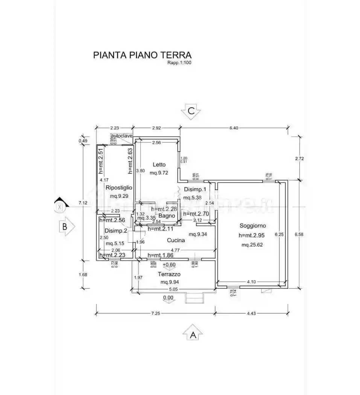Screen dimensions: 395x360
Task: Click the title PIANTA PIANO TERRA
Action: tap(142, 55)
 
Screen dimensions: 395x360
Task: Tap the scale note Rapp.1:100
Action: tap(179, 63)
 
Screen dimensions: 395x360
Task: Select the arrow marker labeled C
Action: tap(191, 111)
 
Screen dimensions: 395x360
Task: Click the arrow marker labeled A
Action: tap(193, 333)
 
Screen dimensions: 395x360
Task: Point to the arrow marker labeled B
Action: tap(66, 227)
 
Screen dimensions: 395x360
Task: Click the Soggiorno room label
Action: tap(252, 226)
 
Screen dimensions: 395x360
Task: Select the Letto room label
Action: tap(159, 164)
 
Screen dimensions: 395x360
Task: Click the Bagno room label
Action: tap(166, 216)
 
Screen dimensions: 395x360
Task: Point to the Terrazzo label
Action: tap(168, 274)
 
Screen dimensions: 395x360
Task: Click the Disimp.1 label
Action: tap(194, 189)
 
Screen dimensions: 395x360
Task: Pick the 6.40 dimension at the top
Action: tap(234, 128)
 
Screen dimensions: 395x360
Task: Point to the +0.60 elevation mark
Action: tap(169, 264)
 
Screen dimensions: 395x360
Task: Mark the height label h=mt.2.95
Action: tap(252, 235)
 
